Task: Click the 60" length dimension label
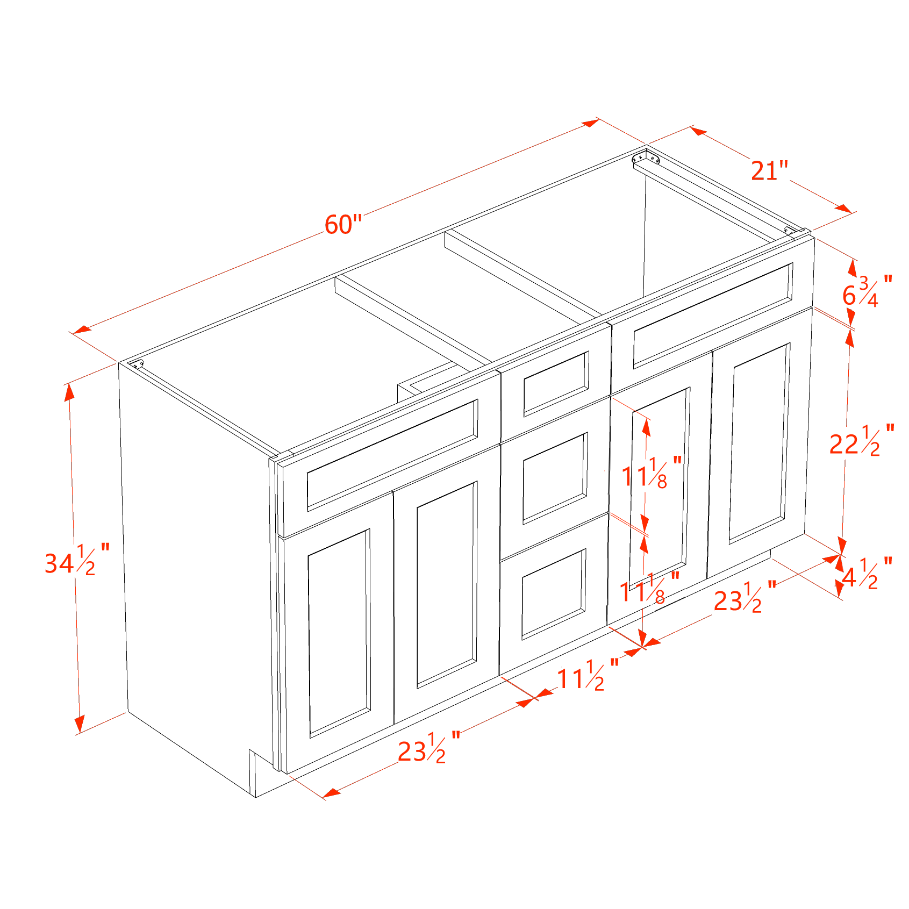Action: pyautogui.click(x=343, y=224)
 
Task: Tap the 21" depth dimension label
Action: pyautogui.click(x=769, y=171)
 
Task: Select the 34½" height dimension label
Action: pyautogui.click(x=76, y=560)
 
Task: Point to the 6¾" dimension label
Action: pyautogui.click(x=866, y=292)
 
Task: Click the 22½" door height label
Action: pyautogui.click(x=861, y=441)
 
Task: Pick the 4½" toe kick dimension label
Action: pyautogui.click(x=866, y=575)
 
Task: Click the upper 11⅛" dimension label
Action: pyautogui.click(x=650, y=473)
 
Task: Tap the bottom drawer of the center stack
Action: pyautogui.click(x=554, y=593)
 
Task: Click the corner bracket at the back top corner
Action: pyautogui.click(x=646, y=158)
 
